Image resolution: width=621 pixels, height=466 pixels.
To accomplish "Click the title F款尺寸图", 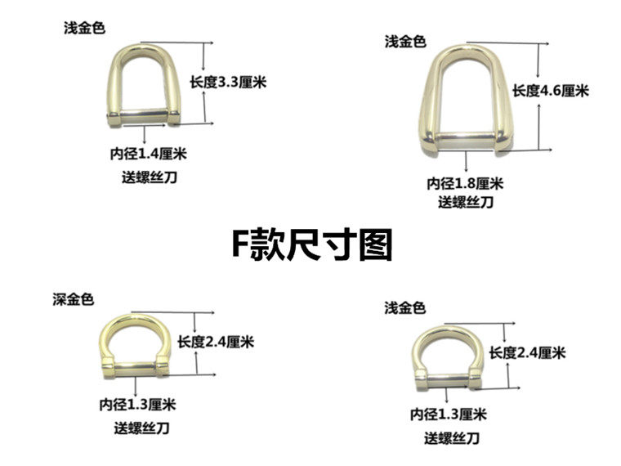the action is pyautogui.click(x=310, y=243).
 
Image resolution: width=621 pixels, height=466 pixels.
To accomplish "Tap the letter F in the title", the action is pyautogui.click(x=238, y=244).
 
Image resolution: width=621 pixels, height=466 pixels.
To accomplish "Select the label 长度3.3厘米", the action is pyautogui.click(x=229, y=82).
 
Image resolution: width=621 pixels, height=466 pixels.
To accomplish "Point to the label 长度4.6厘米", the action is pyautogui.click(x=551, y=91).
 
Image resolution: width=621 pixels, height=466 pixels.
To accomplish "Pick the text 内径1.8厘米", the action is pyautogui.click(x=464, y=182).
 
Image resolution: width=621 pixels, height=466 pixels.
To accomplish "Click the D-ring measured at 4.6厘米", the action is pyautogui.click(x=463, y=98).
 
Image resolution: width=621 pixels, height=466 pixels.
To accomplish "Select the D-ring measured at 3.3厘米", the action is pyautogui.click(x=144, y=86).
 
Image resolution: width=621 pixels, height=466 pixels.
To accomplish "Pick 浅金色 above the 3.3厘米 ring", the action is pyautogui.click(x=85, y=28).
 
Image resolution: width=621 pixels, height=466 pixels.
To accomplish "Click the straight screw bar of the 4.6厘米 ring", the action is pyautogui.click(x=463, y=136).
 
